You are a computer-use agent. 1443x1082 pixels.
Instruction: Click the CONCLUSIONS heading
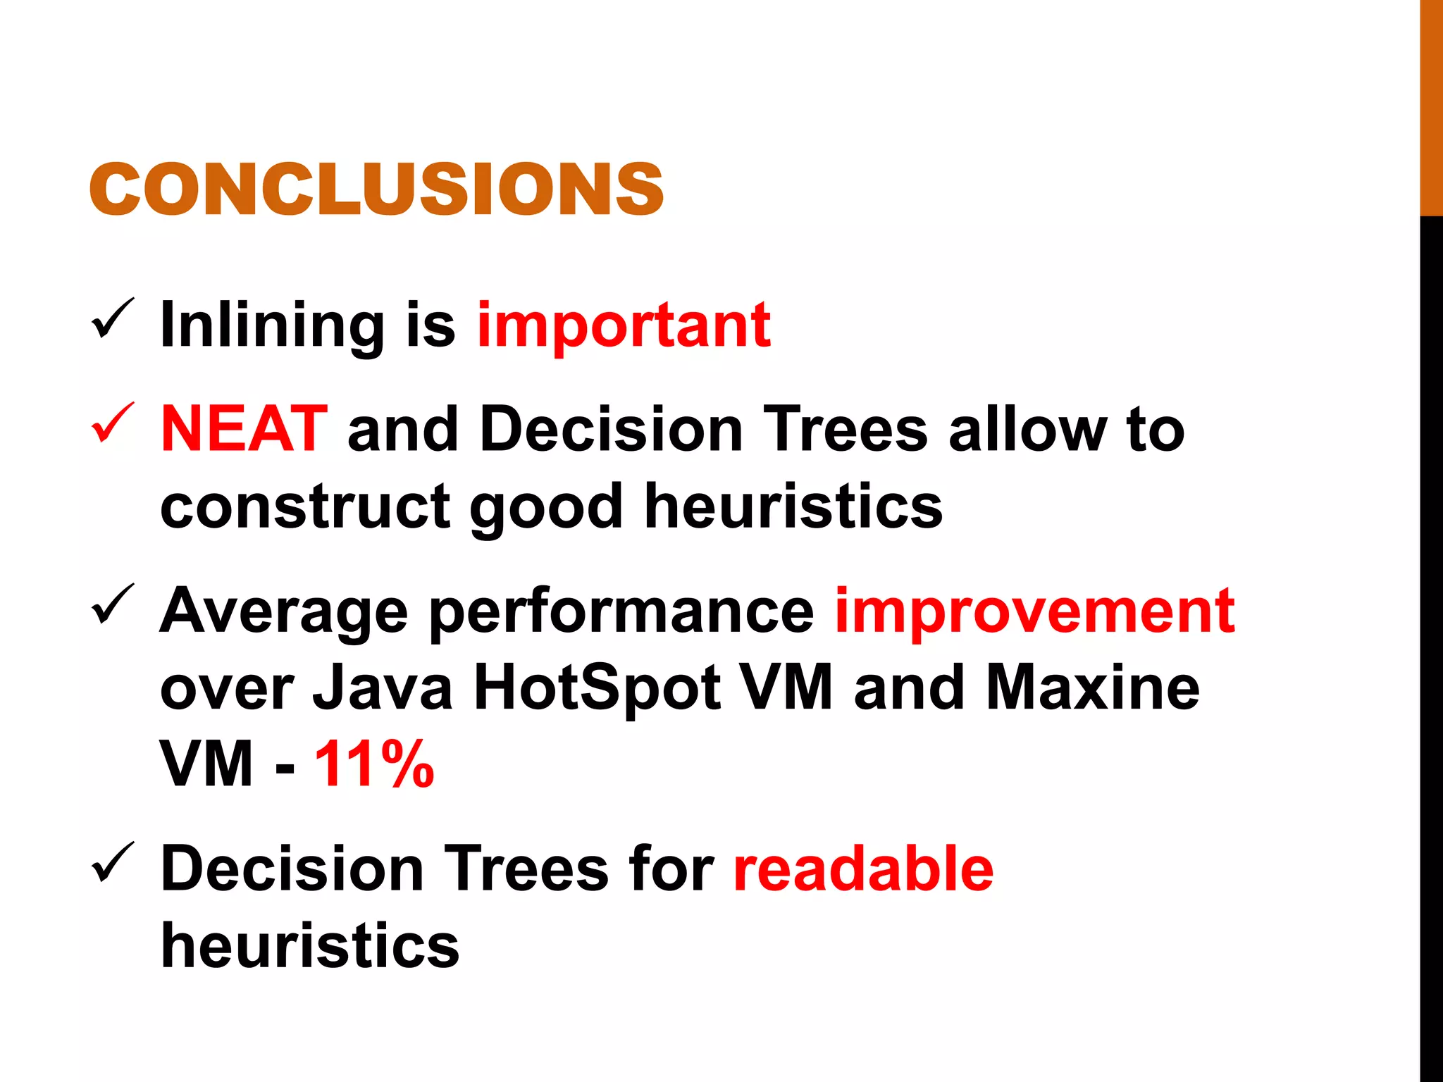tap(376, 189)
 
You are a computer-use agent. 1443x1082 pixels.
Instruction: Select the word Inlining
tap(272, 325)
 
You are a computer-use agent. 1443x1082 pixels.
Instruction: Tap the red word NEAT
tap(244, 429)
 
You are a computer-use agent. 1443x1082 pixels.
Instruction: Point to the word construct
tap(305, 506)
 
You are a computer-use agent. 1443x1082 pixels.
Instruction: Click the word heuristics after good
tap(793, 506)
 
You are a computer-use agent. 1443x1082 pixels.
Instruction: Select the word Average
tap(283, 611)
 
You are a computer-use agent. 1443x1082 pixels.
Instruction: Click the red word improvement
tap(1034, 610)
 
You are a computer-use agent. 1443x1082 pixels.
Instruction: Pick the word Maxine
tap(1092, 688)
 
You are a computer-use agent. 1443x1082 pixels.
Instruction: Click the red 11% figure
tap(374, 764)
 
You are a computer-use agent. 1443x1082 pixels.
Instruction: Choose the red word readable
tap(863, 869)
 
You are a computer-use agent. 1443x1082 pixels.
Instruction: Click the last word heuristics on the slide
tap(310, 945)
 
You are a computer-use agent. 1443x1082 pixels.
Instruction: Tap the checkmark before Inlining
tap(113, 319)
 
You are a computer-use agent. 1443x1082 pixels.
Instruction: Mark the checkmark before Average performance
tap(113, 604)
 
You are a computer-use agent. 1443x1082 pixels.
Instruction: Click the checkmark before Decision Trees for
tap(113, 862)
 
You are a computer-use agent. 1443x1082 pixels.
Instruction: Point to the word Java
tap(383, 688)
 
